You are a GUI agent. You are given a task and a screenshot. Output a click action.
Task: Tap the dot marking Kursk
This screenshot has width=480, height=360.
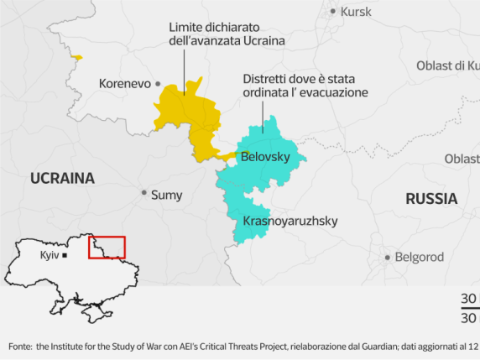[x=333, y=11]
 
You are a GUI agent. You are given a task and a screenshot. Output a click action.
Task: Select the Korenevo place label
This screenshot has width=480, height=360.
[x=124, y=83]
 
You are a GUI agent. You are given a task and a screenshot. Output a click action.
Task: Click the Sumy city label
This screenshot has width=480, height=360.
[x=166, y=194]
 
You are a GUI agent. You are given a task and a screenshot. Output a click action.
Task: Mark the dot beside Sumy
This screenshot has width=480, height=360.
[x=143, y=193]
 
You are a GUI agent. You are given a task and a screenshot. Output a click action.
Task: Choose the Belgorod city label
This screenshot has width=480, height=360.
[x=420, y=257]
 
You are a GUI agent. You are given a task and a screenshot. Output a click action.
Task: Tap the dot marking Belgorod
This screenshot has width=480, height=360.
[x=388, y=258]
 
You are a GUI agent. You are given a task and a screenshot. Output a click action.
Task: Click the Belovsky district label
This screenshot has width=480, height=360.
[x=265, y=157]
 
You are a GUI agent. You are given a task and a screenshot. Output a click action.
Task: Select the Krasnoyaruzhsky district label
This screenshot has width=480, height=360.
[x=290, y=222]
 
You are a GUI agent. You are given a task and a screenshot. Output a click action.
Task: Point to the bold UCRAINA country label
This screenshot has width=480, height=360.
[x=62, y=178]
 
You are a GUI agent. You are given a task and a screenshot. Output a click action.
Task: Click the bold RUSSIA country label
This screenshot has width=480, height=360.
[x=431, y=199]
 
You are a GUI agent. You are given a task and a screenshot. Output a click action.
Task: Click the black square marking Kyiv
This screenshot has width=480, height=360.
[x=65, y=254]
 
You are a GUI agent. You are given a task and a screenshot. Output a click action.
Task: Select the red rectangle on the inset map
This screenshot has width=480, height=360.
[x=107, y=247]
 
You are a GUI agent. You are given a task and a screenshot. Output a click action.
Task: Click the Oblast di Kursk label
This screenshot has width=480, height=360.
[x=448, y=65]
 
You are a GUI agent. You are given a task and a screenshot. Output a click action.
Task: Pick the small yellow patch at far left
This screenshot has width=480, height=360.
[x=77, y=57]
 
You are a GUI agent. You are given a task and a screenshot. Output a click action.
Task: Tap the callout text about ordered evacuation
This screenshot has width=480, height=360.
[x=305, y=86]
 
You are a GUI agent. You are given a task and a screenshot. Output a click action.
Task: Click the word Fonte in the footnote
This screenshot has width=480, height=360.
[x=21, y=346]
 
